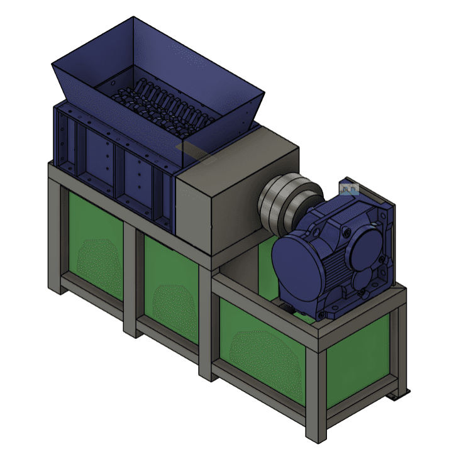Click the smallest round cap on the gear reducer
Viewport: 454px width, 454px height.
[x=361, y=277]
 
